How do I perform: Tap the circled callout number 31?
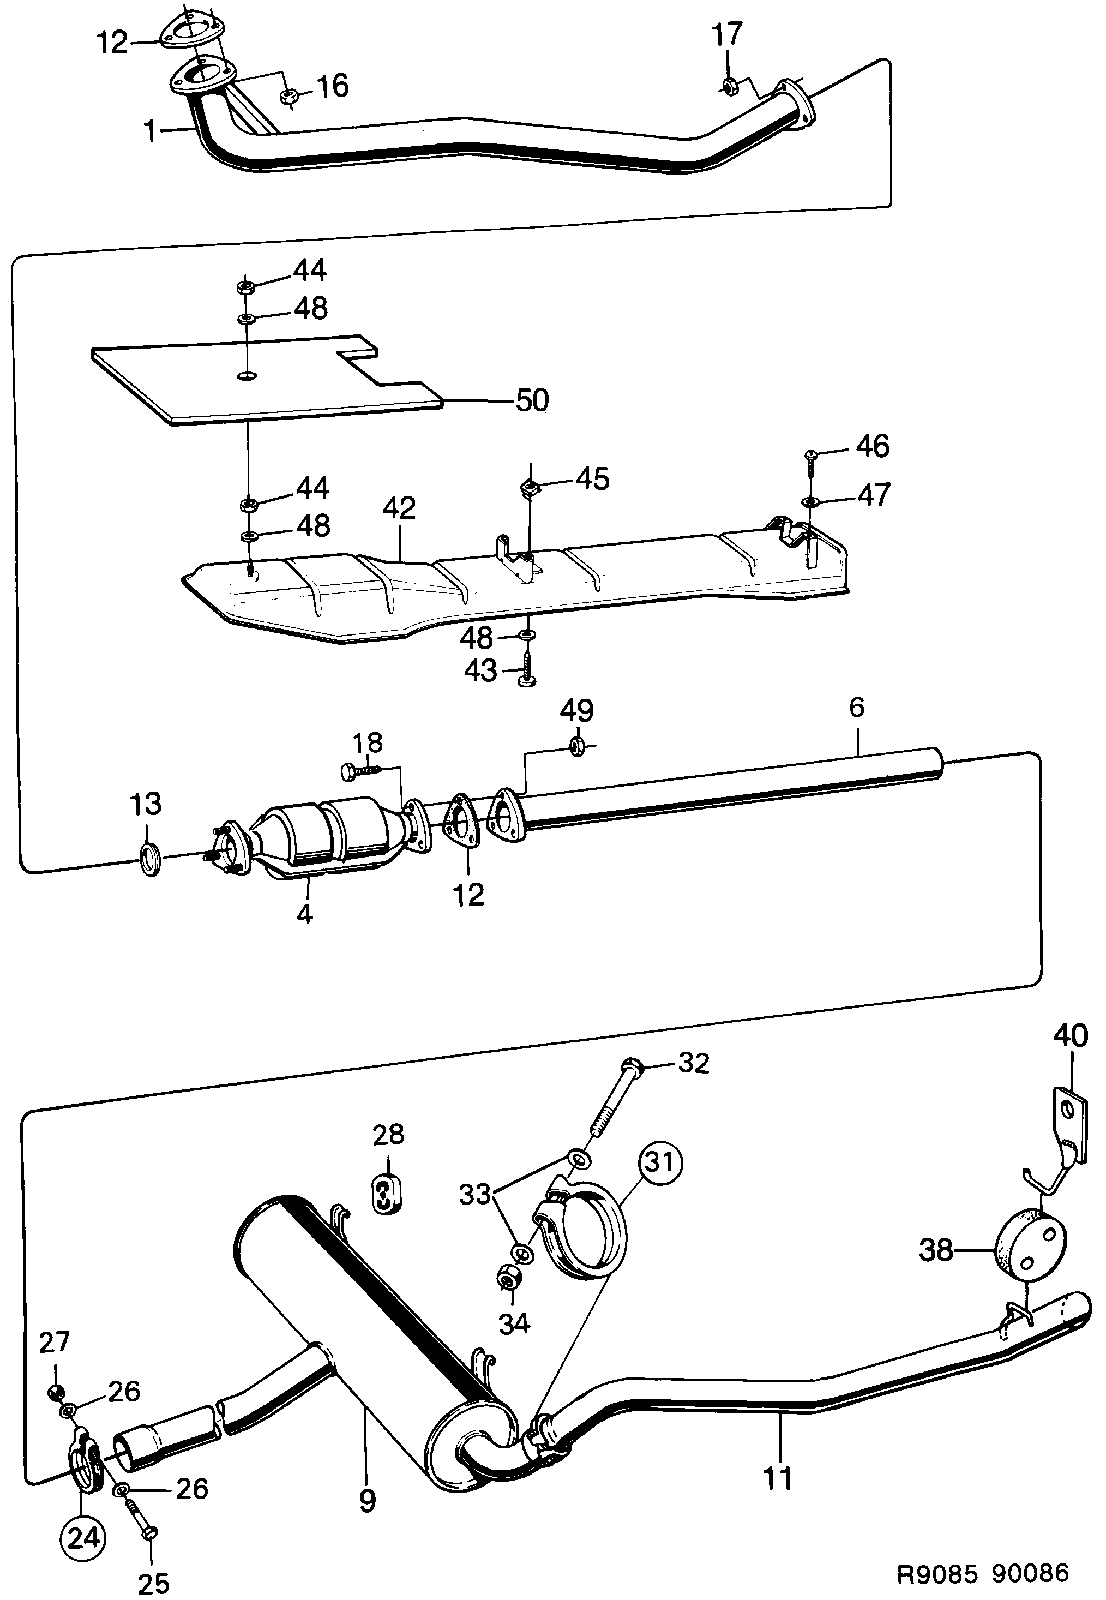[660, 1161]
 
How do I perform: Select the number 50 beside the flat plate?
[532, 401]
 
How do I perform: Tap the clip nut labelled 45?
[530, 488]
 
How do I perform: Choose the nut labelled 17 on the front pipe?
[729, 86]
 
